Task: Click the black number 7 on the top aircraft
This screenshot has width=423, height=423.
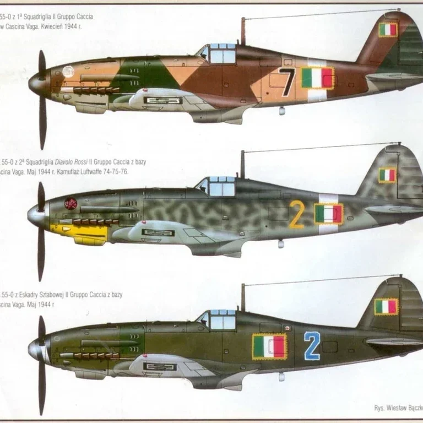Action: click(x=286, y=82)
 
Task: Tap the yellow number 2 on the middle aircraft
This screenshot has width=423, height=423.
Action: click(x=296, y=214)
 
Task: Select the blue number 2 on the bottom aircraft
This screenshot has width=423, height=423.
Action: click(x=312, y=345)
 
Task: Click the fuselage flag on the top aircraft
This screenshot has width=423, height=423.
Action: click(x=318, y=78)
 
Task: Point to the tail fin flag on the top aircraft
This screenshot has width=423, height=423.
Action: click(x=388, y=29)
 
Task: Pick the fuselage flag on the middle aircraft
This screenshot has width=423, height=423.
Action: click(x=329, y=214)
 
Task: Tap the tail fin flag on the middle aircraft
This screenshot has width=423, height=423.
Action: click(x=387, y=175)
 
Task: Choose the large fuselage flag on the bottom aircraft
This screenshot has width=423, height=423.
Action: click(x=269, y=346)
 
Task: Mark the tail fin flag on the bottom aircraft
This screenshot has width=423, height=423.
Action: click(x=386, y=307)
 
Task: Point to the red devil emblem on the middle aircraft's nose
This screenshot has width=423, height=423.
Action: click(x=70, y=204)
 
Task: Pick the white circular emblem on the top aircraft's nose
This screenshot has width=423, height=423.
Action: click(x=68, y=72)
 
